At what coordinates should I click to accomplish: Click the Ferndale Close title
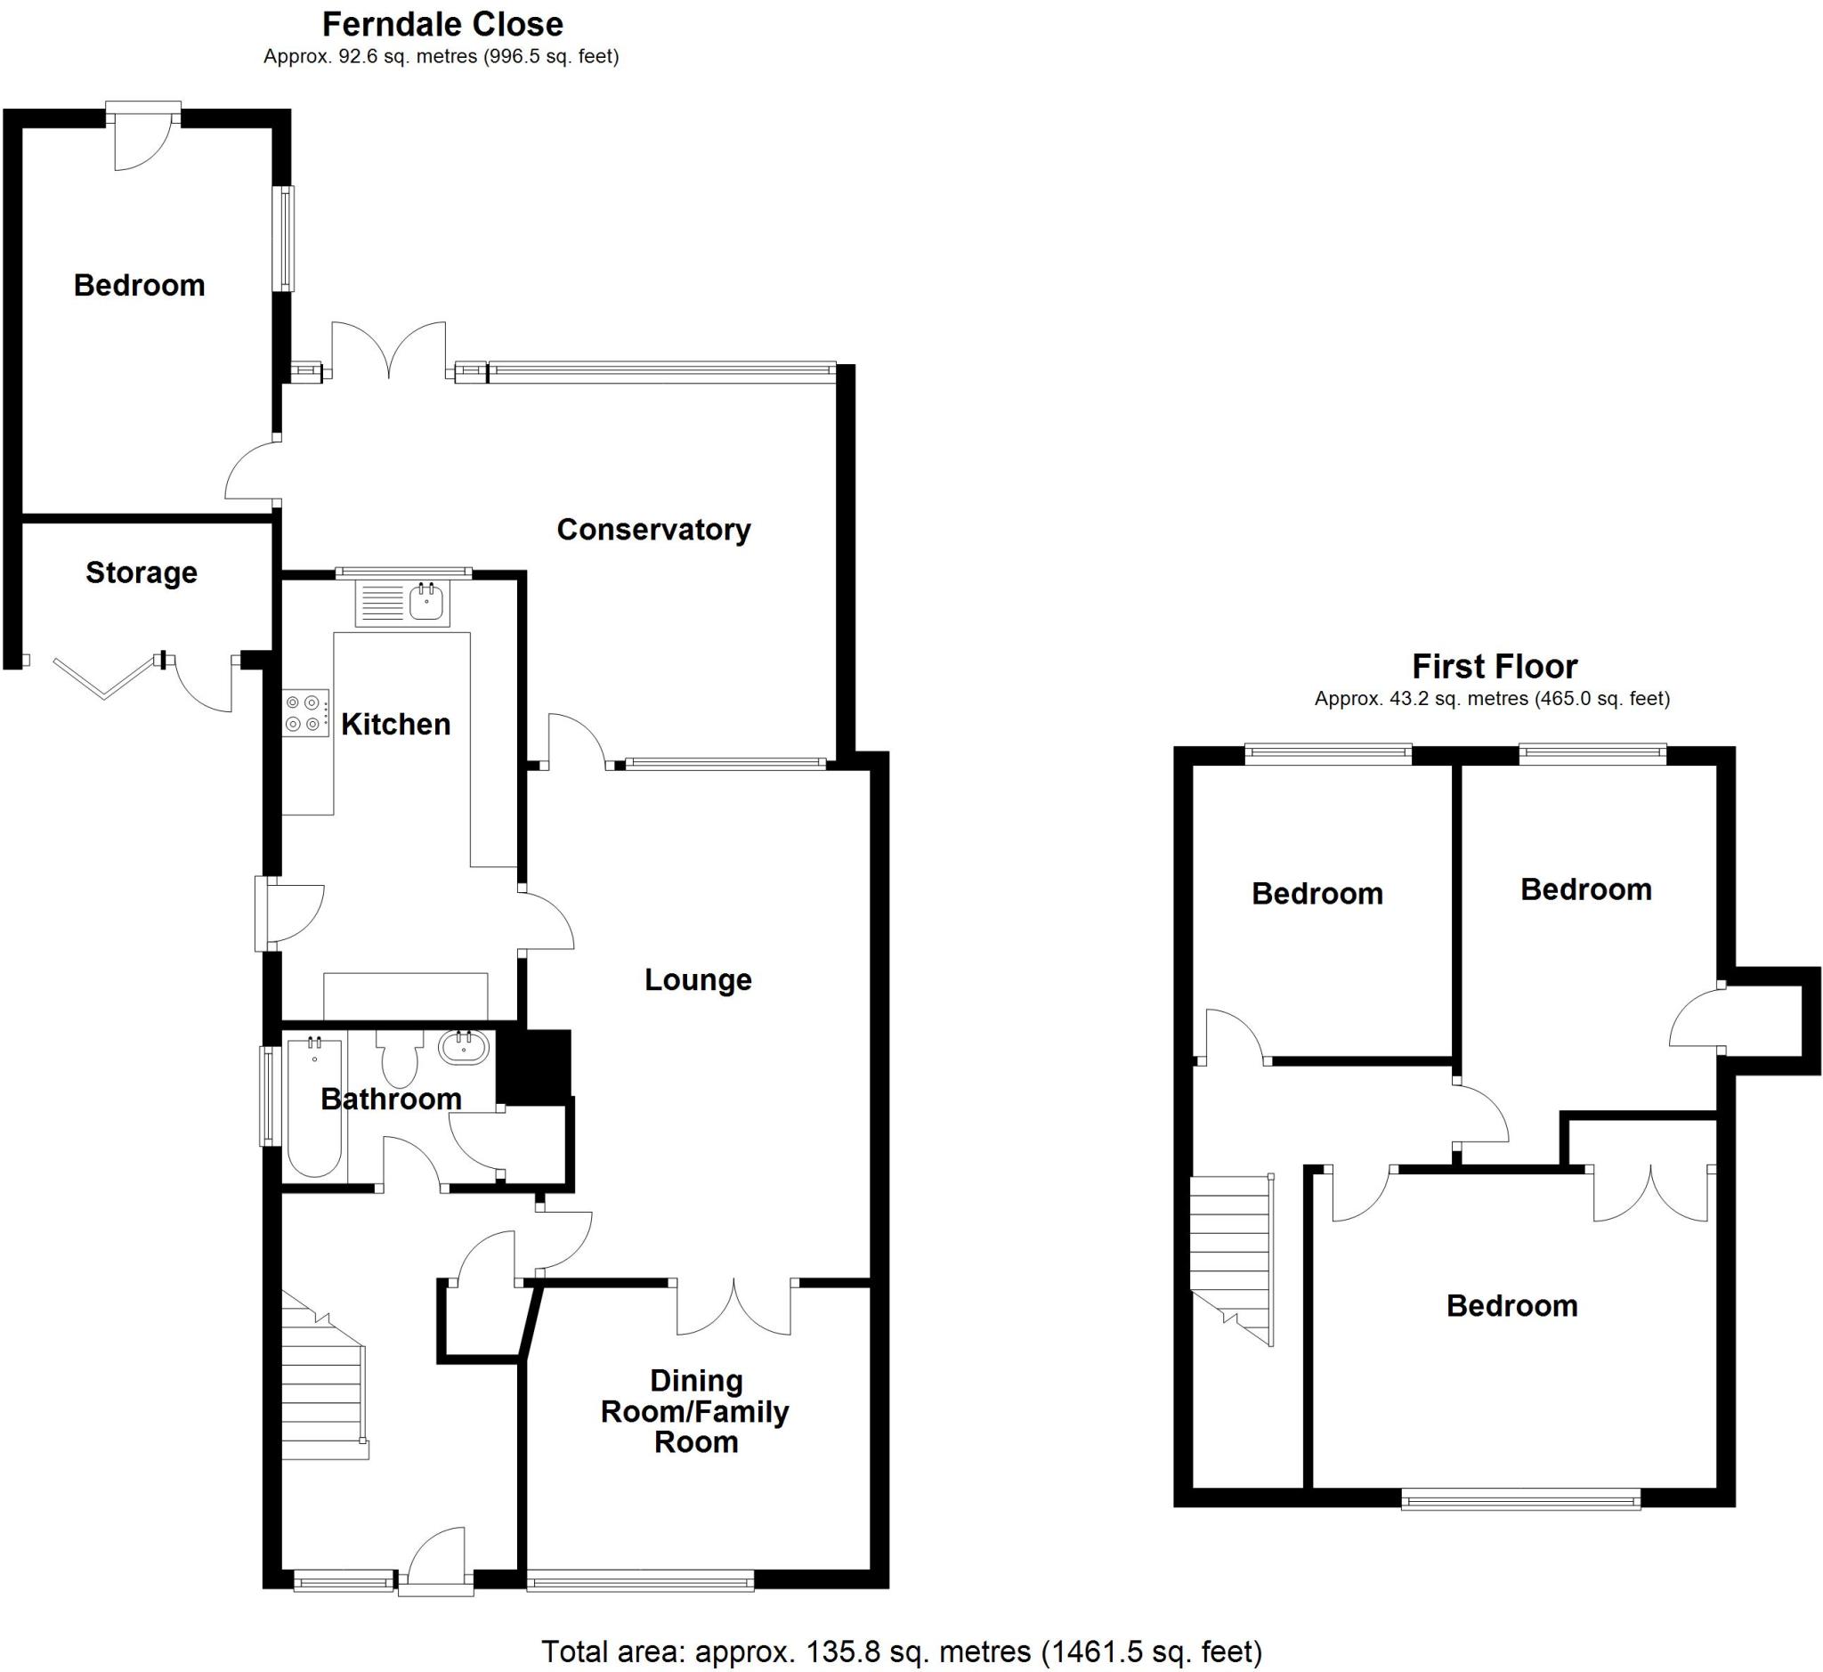pos(442,24)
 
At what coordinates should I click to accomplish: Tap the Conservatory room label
pos(653,529)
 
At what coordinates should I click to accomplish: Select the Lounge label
pos(698,980)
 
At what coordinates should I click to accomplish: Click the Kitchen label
pos(395,724)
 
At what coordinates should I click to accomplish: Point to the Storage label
pos(142,572)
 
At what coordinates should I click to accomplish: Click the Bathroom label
pos(391,1100)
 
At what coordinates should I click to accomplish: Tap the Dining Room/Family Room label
pos(695,1410)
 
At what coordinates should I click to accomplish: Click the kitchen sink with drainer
pos(402,603)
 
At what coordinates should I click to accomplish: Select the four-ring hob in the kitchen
pos(305,713)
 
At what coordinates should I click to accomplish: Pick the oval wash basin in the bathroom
pos(463,1048)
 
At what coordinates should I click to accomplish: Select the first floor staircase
pos(1231,1258)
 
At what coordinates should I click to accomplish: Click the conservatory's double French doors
pos(389,353)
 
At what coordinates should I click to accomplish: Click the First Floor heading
pos(1494,667)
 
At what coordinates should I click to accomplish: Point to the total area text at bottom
pos(901,1652)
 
